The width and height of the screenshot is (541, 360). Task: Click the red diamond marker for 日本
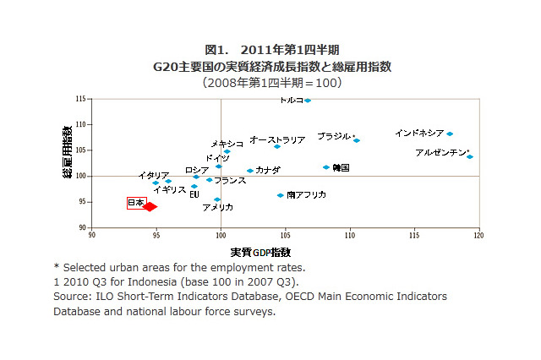(x=150, y=206)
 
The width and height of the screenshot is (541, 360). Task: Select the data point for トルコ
(x=308, y=101)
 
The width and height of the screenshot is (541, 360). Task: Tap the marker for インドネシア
(x=450, y=134)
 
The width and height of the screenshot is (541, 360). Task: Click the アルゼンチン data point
(x=470, y=156)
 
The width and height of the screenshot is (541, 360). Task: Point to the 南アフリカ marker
(x=281, y=195)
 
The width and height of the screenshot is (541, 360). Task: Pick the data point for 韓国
(x=326, y=167)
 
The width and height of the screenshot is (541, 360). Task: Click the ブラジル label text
(x=334, y=136)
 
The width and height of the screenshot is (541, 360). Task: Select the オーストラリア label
(x=277, y=139)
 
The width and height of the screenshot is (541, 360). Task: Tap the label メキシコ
(x=227, y=144)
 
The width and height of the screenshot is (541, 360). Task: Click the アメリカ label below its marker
(x=217, y=207)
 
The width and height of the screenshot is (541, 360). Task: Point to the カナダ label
(x=268, y=170)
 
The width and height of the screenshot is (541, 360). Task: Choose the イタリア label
(x=154, y=176)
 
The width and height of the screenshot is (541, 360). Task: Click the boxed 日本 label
(x=135, y=203)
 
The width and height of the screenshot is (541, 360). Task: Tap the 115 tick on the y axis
(x=81, y=100)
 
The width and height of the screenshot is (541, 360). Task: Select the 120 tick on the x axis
(x=479, y=236)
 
